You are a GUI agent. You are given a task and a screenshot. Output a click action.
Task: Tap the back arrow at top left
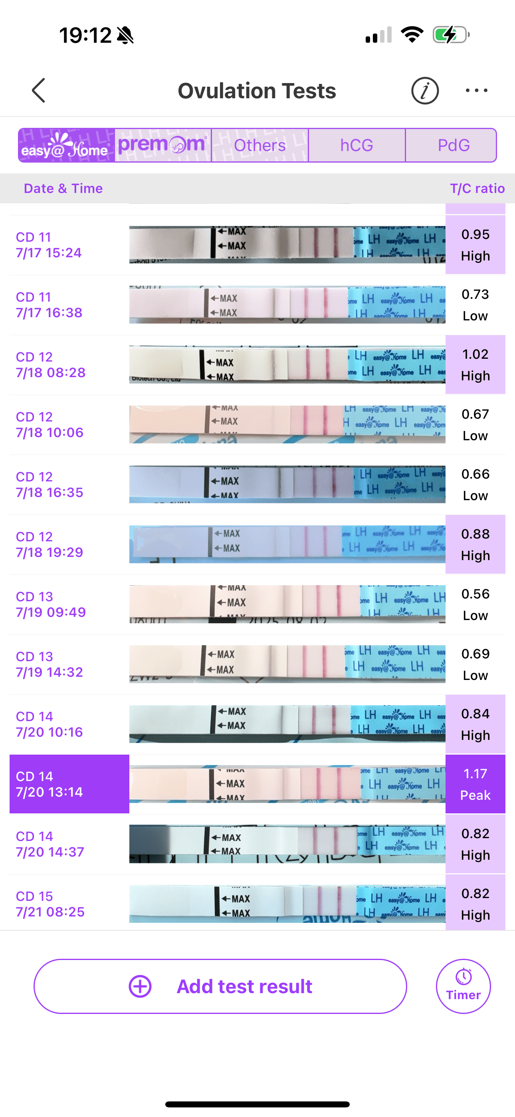pos(39,90)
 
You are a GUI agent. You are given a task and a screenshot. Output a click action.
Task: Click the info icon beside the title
pos(424,91)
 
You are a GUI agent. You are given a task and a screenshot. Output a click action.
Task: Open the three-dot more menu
pos(476,91)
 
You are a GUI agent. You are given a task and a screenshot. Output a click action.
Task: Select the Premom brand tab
pos(163,145)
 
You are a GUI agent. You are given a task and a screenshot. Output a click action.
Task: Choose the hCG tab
pos(357,145)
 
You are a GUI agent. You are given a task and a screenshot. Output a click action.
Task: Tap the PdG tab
pos(453,145)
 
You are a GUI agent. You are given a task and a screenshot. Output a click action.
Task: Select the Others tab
pos(259,145)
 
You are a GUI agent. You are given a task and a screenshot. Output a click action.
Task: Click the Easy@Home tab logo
pos(66,145)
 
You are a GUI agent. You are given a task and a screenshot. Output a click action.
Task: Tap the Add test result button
pos(220,986)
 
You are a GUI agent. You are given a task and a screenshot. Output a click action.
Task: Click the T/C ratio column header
pos(477,188)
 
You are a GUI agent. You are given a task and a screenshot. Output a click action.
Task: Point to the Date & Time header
pos(63,188)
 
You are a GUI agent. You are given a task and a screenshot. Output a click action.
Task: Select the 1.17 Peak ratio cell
pos(475,784)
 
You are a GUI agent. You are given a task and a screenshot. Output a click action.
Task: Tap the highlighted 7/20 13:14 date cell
pos(69,784)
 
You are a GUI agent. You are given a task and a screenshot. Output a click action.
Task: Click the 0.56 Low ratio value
pos(475,604)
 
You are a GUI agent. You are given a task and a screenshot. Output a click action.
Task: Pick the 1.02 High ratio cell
pos(475,365)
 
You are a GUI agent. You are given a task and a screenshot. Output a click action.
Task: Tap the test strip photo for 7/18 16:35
pos(287,484)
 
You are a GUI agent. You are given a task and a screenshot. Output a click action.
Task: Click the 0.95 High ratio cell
pos(475,245)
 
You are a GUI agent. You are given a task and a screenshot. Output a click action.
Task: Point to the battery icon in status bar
pos(451,35)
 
